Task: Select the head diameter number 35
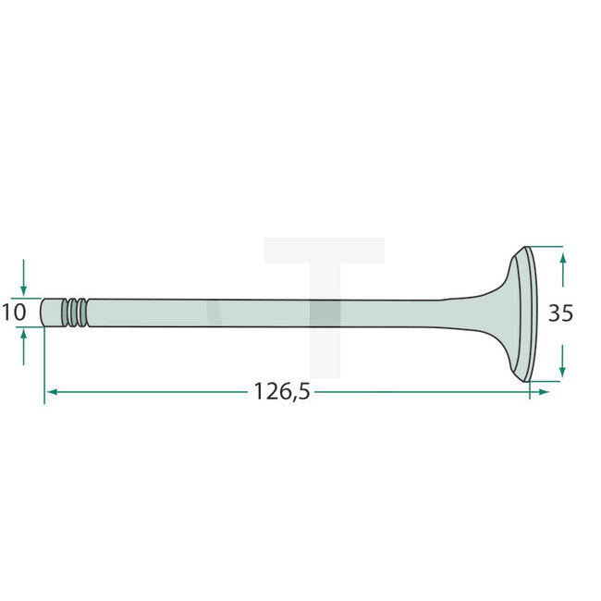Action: coord(560,313)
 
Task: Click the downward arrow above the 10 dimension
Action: coord(24,285)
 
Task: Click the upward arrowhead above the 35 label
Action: coord(562,259)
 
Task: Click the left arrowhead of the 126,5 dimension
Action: coord(52,392)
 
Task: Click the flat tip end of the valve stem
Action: coord(45,312)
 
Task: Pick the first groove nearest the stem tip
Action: coord(68,312)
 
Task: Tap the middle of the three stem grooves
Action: coord(77,312)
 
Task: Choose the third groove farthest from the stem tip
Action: coord(85,312)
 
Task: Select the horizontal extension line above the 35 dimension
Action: coord(546,247)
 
